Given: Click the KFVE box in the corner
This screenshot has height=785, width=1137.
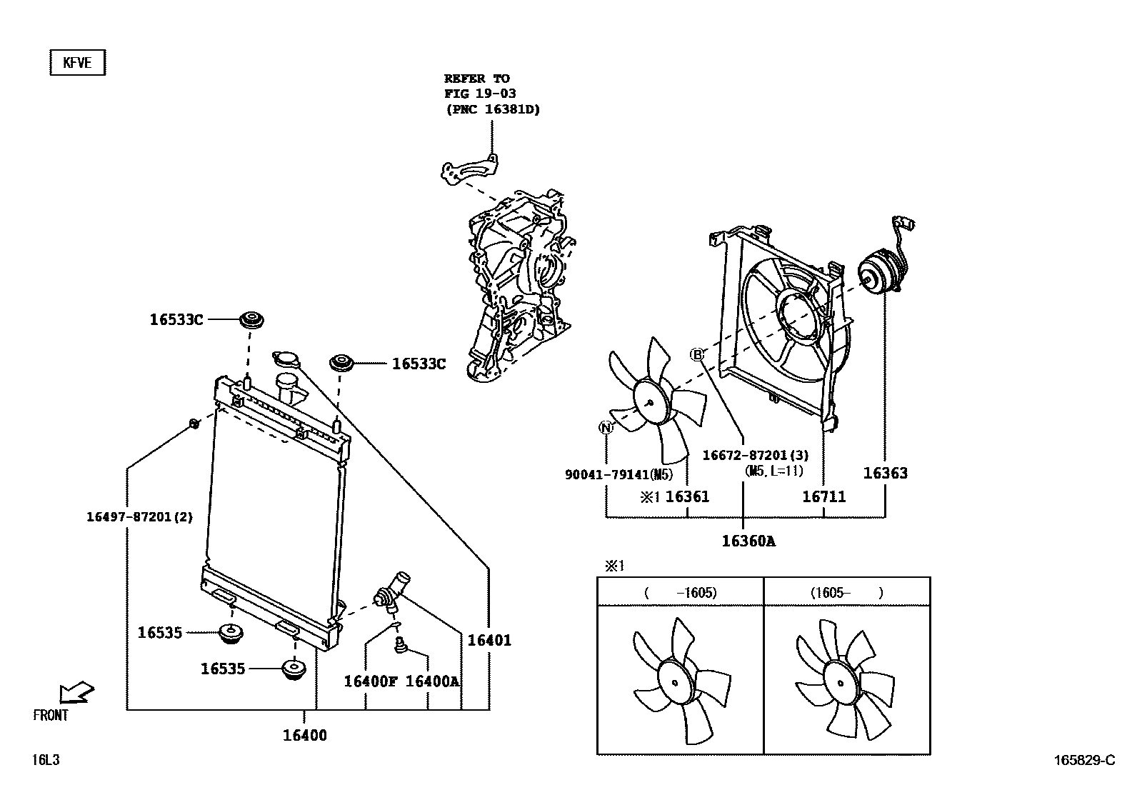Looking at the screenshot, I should click(77, 63).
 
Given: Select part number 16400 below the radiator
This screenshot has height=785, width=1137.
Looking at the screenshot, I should click(305, 735).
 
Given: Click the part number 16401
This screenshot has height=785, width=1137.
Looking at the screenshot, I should click(489, 641).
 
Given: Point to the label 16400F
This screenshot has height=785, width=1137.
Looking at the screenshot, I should click(370, 681).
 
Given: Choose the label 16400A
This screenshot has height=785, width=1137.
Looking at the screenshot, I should click(432, 681).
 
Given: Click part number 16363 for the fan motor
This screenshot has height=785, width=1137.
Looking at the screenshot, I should click(885, 473).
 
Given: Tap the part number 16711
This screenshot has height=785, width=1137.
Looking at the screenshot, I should click(823, 496).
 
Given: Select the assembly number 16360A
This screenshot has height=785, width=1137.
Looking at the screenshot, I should click(748, 541).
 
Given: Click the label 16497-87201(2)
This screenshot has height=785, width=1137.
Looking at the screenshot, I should click(139, 517).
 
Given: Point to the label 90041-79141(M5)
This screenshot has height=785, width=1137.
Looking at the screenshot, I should click(618, 474).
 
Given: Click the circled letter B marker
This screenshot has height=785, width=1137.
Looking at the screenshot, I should click(697, 354).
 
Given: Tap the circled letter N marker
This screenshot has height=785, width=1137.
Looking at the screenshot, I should click(606, 428).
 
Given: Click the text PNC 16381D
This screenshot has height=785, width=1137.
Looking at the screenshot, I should click(491, 109).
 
